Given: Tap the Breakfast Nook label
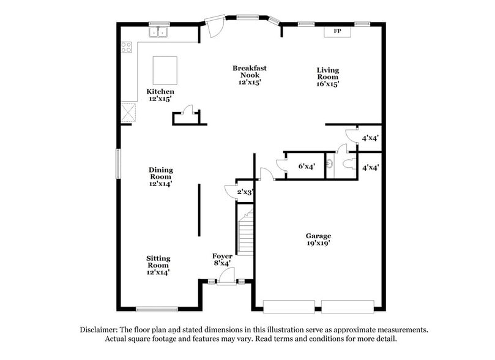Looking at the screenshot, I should [249, 75].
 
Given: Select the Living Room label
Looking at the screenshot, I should [327, 77].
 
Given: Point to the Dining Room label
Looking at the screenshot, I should [161, 176].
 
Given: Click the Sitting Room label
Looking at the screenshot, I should [158, 265].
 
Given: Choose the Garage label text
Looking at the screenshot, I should [318, 239].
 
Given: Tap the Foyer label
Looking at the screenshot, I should [222, 259].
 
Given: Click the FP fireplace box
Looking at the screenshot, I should [337, 31].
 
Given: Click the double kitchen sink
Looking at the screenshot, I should [158, 32].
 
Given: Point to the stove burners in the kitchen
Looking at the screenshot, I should [127, 47].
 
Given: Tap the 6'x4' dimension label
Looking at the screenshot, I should [306, 166].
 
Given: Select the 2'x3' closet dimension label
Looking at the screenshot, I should [245, 192].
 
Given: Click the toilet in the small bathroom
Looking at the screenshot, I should [348, 163].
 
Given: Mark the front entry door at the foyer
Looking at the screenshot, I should [225, 279].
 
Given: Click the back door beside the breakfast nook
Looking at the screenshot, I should [215, 27].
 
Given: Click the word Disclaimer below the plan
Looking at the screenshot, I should [100, 329].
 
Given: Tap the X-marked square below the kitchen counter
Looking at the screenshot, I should [128, 113].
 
